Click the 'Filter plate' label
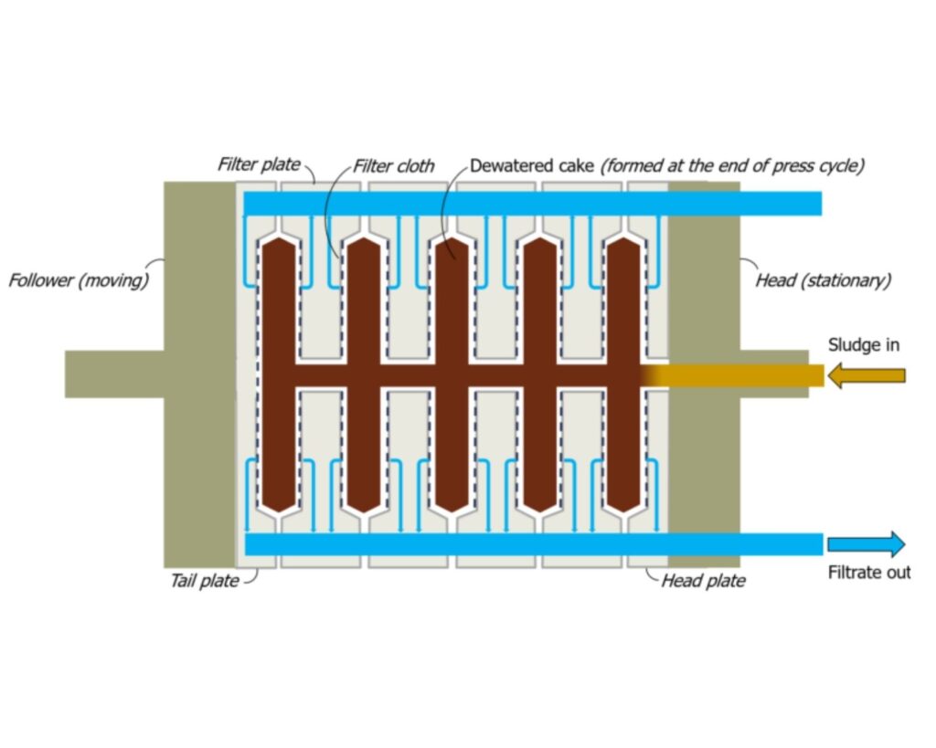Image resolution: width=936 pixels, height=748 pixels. pos(259,165)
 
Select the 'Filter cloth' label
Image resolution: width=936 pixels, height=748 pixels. pos(394,166)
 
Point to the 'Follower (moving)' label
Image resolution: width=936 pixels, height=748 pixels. pos(79,280)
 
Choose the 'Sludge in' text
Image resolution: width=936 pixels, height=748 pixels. pos(864,345)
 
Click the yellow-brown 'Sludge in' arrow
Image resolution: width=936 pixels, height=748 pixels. pos(866,375)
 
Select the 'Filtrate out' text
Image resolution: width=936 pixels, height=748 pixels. pos(869,574)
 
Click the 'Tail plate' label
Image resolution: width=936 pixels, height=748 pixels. pos(206,580)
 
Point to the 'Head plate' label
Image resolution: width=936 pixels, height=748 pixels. pos(703,581)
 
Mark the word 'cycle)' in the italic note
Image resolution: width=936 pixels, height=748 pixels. pos(841,166)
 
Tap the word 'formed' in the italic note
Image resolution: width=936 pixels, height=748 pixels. pos(631,166)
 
